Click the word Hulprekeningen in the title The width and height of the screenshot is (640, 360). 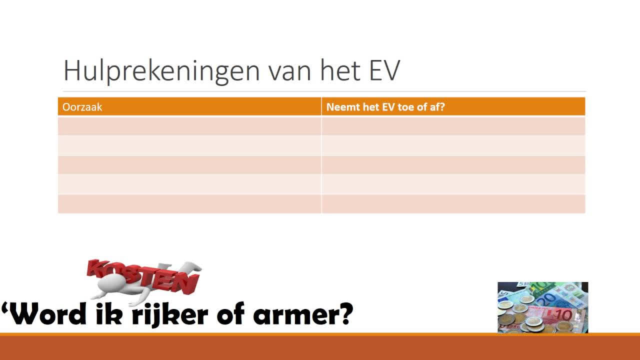[161, 70]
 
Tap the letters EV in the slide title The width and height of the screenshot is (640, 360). [384, 70]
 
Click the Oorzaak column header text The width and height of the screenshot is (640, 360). [82, 107]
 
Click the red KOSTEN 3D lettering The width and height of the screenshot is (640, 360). [143, 276]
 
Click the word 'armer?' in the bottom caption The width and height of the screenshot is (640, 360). [303, 315]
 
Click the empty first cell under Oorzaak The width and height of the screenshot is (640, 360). [189, 125]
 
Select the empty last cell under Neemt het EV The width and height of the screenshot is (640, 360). [453, 204]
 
